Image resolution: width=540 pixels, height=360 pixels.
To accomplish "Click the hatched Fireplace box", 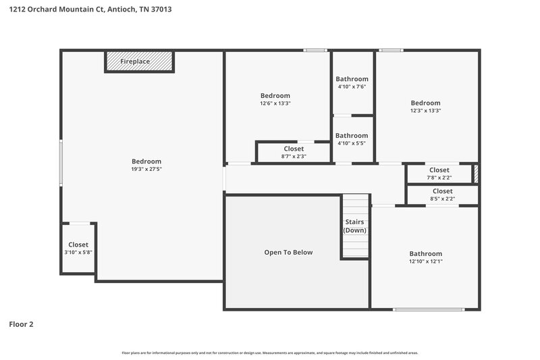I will point(139,61).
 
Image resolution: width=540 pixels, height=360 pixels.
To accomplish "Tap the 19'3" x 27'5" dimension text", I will point(146,169).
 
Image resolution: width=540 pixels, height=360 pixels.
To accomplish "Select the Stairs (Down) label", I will point(355,226).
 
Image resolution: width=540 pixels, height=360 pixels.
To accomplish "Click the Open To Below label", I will point(288,252).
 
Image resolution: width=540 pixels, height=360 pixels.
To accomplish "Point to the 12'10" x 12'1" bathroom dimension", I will point(425,261).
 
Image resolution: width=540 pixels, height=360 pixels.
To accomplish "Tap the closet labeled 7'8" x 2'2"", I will point(439,174).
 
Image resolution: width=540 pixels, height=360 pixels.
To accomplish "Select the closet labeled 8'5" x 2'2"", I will point(442,195).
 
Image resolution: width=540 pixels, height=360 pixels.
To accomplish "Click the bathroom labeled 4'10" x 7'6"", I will point(352,83).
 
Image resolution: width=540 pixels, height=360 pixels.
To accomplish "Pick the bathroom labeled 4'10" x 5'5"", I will point(352,139).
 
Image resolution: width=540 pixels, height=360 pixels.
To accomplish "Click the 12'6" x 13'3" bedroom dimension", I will point(275,103).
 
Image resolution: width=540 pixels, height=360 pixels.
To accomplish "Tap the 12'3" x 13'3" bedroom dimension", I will point(425,111).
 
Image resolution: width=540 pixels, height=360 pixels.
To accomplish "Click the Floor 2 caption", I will point(21,324).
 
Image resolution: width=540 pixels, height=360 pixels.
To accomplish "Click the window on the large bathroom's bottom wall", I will point(428,309).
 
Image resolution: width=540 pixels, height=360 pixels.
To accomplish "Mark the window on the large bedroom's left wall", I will point(61,161).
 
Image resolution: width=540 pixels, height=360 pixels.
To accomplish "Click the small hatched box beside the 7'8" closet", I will point(475,174).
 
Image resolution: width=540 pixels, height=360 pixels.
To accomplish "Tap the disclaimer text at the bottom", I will point(269,353).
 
